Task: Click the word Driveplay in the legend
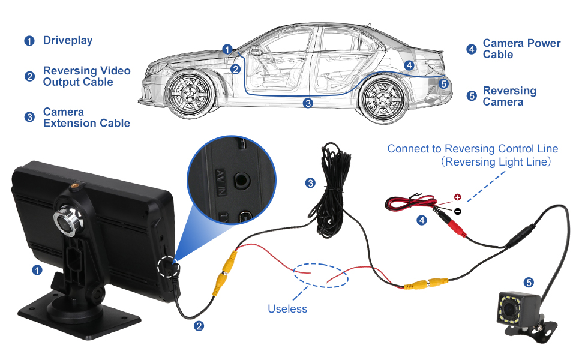[x=67, y=41]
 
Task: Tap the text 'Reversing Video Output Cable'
[x=86, y=76]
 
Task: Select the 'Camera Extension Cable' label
[x=86, y=118]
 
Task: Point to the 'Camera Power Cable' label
[x=521, y=49]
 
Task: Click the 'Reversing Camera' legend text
[x=509, y=96]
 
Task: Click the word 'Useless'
[x=287, y=309]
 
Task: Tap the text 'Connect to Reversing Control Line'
[x=473, y=149]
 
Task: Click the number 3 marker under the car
[x=308, y=103]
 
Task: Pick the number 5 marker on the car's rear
[x=443, y=83]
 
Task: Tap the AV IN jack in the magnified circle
[x=242, y=179]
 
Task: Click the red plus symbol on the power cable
[x=457, y=197]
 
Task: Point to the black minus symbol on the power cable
[x=457, y=211]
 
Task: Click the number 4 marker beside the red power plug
[x=422, y=220]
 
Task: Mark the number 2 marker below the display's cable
[x=199, y=326]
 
